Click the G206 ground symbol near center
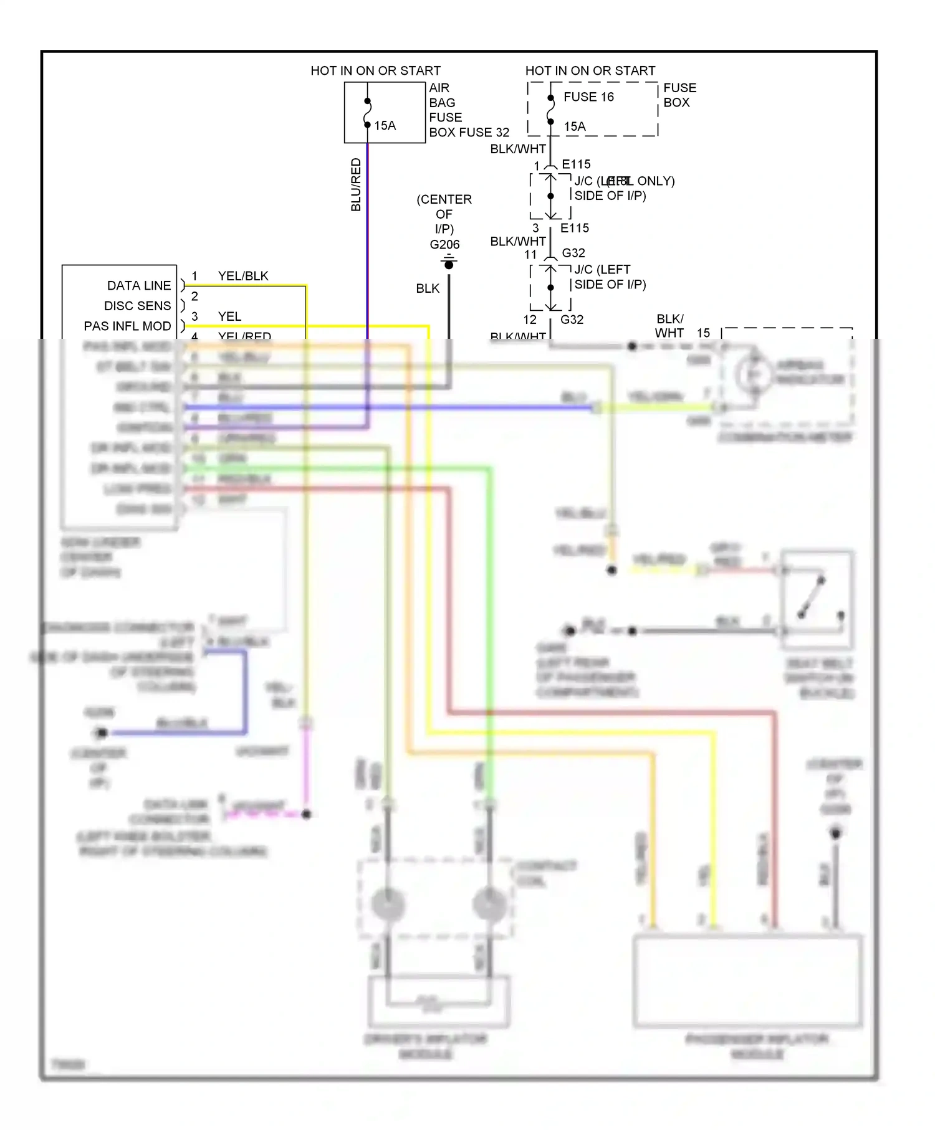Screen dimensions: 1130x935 (449, 264)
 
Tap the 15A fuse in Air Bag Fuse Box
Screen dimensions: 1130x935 (368, 113)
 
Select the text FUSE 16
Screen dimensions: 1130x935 (588, 97)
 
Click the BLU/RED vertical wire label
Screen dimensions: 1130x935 (356, 184)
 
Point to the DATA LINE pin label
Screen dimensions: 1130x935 (138, 286)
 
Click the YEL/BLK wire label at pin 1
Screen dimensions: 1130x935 (243, 276)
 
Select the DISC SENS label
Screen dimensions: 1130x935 (137, 306)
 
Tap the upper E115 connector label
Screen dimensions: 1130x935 (576, 164)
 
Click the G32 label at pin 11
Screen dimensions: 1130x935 (573, 253)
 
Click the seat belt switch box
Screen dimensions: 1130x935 (817, 600)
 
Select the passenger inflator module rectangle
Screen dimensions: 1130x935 (748, 980)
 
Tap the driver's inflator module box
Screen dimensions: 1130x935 (439, 1001)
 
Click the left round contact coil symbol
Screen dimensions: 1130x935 (388, 904)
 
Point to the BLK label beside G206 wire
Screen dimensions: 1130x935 (428, 288)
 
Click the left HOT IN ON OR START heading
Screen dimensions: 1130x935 (375, 71)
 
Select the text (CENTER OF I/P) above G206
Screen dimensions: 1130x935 (444, 214)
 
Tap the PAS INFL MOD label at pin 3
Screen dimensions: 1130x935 (127, 326)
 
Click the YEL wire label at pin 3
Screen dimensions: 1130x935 (229, 316)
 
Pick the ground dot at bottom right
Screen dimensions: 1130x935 (835, 833)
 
